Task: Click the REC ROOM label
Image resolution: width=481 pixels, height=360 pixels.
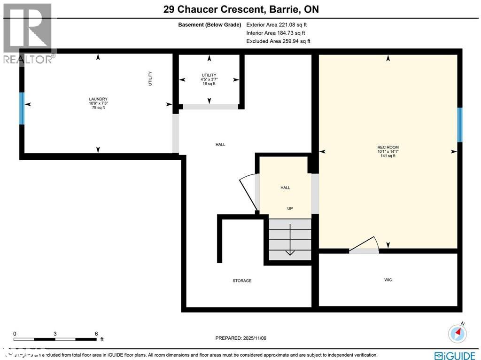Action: [x=388, y=148]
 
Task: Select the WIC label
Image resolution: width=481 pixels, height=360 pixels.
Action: [x=388, y=280]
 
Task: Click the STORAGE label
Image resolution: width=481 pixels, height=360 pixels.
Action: [x=242, y=281]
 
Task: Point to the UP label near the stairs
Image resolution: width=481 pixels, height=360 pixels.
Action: [x=290, y=208]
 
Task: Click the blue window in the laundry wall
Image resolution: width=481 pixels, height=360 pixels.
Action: [x=22, y=109]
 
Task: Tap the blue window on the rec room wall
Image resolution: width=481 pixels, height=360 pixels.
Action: [x=460, y=125]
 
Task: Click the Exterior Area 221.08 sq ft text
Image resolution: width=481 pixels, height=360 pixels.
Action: [x=277, y=25]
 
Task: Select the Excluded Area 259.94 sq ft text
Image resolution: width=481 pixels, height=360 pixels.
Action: [x=278, y=41]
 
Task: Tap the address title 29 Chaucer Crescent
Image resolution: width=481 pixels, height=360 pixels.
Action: [x=240, y=9]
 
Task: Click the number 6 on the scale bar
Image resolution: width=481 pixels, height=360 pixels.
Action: [x=96, y=334]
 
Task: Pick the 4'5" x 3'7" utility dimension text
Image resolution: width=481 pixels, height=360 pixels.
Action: [x=209, y=79]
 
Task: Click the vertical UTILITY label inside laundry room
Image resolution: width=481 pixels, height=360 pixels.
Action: [x=150, y=78]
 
